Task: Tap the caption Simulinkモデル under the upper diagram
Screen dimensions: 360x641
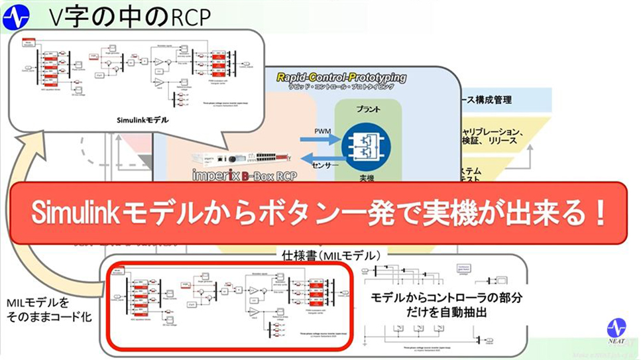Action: [x=142, y=121]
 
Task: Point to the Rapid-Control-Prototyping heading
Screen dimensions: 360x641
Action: [x=341, y=78]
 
